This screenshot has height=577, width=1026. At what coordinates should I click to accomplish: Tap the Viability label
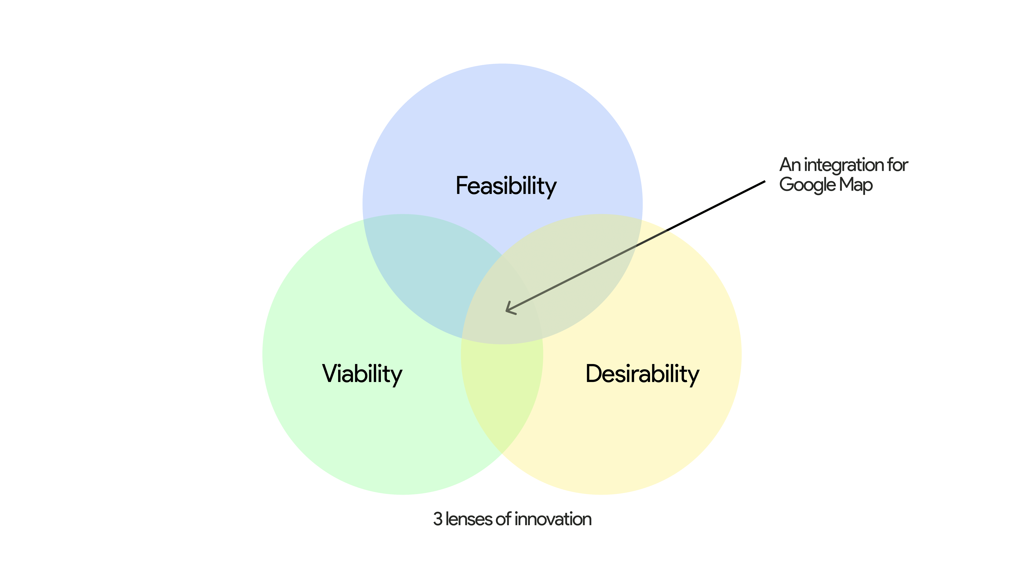(362, 374)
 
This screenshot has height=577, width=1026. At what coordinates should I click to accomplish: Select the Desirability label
(642, 374)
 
